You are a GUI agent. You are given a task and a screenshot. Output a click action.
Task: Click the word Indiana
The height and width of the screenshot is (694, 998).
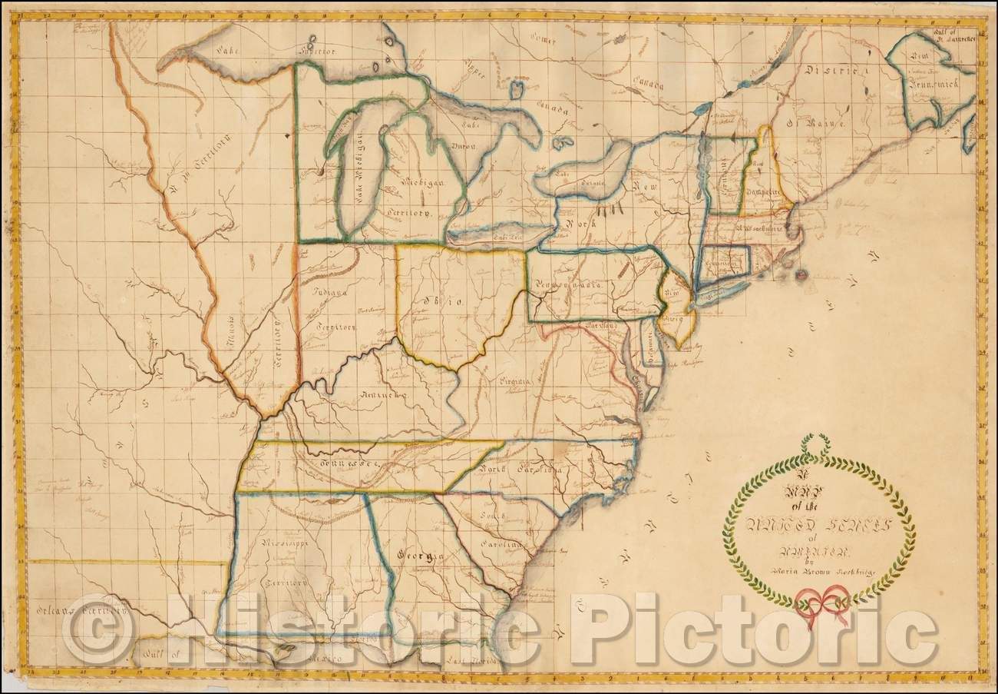[x=332, y=292]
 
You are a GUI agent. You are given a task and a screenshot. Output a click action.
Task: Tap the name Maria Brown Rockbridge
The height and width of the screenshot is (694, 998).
[x=821, y=569]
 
